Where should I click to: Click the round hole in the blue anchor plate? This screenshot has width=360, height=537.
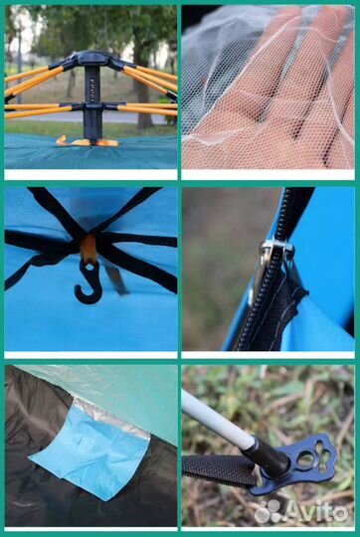pos(305,458)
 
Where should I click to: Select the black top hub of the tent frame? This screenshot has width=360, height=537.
pos(91,59)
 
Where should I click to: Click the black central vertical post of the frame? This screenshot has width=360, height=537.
pos(92,102)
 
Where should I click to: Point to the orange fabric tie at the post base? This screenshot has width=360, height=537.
pos(88,141)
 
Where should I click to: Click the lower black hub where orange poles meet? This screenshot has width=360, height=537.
pos(93,106)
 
